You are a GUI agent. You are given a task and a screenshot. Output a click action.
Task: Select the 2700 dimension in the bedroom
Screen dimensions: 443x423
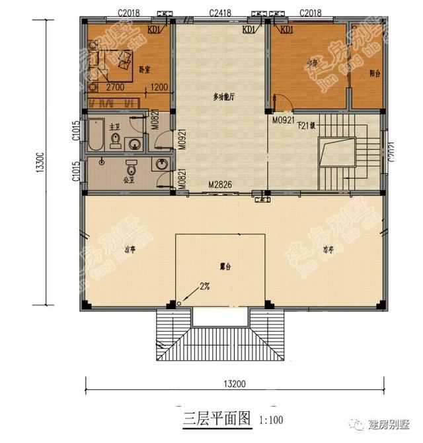coord(116,87)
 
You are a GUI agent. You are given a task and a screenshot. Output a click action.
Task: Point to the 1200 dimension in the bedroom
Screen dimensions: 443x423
coord(159,87)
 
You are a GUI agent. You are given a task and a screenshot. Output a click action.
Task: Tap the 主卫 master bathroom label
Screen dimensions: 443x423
coord(114,126)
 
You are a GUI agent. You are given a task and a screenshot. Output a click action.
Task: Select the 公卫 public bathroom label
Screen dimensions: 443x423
coord(130,178)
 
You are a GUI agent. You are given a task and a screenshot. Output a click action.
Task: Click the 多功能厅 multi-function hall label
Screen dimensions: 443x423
coord(225,97)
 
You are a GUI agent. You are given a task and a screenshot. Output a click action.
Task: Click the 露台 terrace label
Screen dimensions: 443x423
coord(225,265)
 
